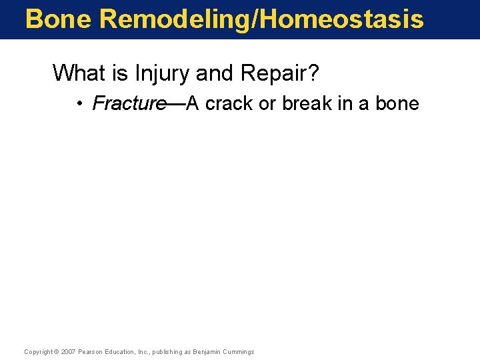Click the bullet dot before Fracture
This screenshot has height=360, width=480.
click(x=79, y=104)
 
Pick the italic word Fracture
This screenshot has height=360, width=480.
click(x=129, y=103)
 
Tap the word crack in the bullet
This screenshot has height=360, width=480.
click(x=227, y=103)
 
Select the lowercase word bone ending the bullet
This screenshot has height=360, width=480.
click(x=398, y=103)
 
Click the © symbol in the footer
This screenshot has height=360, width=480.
click(x=57, y=351)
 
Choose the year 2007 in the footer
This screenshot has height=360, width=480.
click(x=68, y=351)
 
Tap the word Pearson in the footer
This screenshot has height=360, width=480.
click(x=90, y=351)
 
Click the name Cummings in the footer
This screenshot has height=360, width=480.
click(x=238, y=351)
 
